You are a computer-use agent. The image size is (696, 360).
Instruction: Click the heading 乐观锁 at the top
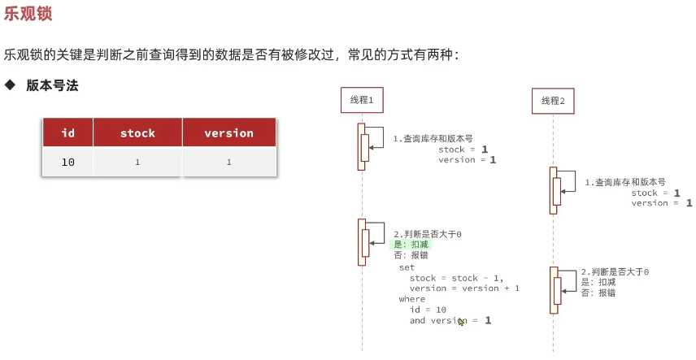[31, 14]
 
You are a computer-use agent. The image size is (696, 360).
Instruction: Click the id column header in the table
[67, 133]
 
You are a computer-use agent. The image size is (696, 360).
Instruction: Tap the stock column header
[137, 133]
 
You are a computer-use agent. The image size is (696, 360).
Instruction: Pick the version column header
[228, 133]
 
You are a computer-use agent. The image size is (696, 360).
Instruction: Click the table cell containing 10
[67, 163]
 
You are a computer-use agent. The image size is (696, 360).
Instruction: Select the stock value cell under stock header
[137, 163]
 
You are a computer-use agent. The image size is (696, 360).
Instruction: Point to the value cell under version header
[228, 163]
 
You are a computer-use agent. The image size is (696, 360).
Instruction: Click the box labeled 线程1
[361, 100]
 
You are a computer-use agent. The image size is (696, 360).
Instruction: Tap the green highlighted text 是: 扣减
[411, 245]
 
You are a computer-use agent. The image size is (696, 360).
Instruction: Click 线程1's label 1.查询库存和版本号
[433, 139]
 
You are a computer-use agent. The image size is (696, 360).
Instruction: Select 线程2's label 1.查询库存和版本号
[624, 183]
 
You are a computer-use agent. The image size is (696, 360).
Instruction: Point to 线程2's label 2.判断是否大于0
[615, 272]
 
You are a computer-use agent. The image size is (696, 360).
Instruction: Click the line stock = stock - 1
[455, 278]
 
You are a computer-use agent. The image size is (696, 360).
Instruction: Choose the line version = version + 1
[464, 288]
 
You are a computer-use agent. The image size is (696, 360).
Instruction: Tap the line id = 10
[428, 310]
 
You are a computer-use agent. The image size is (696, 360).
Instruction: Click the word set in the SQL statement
[407, 267]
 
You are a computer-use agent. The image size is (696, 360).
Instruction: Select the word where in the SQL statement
[411, 299]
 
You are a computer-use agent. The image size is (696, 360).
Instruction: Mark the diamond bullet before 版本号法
[11, 85]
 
